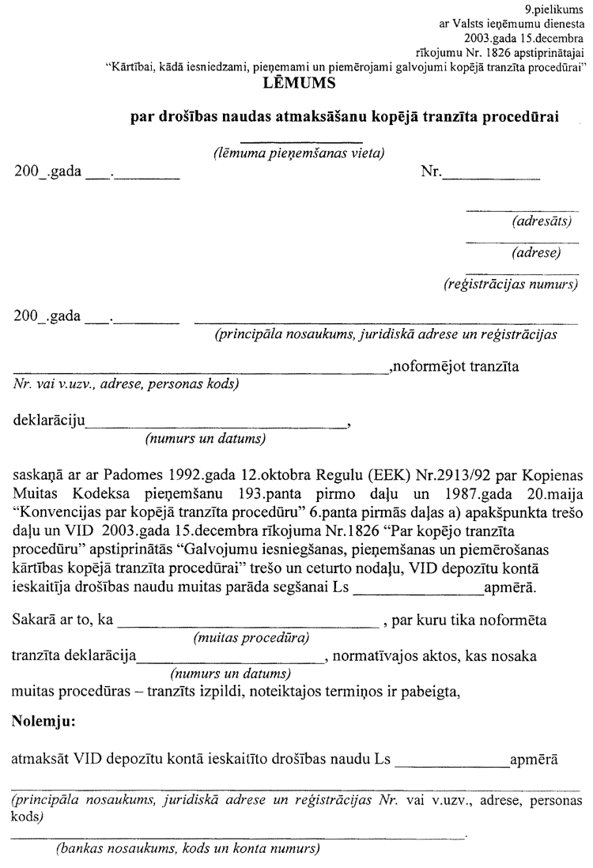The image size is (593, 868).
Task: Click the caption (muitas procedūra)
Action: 251,637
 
